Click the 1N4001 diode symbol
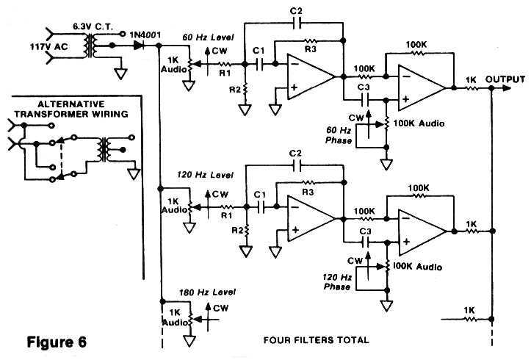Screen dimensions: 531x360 tap(140, 46)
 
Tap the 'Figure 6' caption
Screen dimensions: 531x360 tap(57, 342)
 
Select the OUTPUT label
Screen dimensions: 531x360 tap(505, 79)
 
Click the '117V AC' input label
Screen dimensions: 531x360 tap(48, 47)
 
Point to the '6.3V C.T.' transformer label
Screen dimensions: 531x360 tap(93, 27)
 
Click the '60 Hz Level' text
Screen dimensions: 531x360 tap(208, 37)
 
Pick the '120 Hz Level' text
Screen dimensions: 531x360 tap(205, 175)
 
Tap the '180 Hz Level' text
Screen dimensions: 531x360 tap(207, 292)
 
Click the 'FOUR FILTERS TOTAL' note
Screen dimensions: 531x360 tap(316, 339)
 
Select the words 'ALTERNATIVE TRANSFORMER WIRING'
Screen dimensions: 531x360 tap(71, 109)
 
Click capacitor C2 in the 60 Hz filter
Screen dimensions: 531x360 tap(296, 24)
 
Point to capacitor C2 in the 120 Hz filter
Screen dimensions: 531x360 tap(296, 165)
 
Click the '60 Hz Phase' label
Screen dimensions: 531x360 tap(339, 135)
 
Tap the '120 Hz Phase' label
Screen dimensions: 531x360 tap(337, 282)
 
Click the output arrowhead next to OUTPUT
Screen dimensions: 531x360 tap(507, 88)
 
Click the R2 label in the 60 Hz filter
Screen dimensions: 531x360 tap(235, 90)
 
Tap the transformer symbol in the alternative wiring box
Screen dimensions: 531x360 tap(104, 150)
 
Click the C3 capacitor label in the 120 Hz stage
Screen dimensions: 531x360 tap(365, 231)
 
